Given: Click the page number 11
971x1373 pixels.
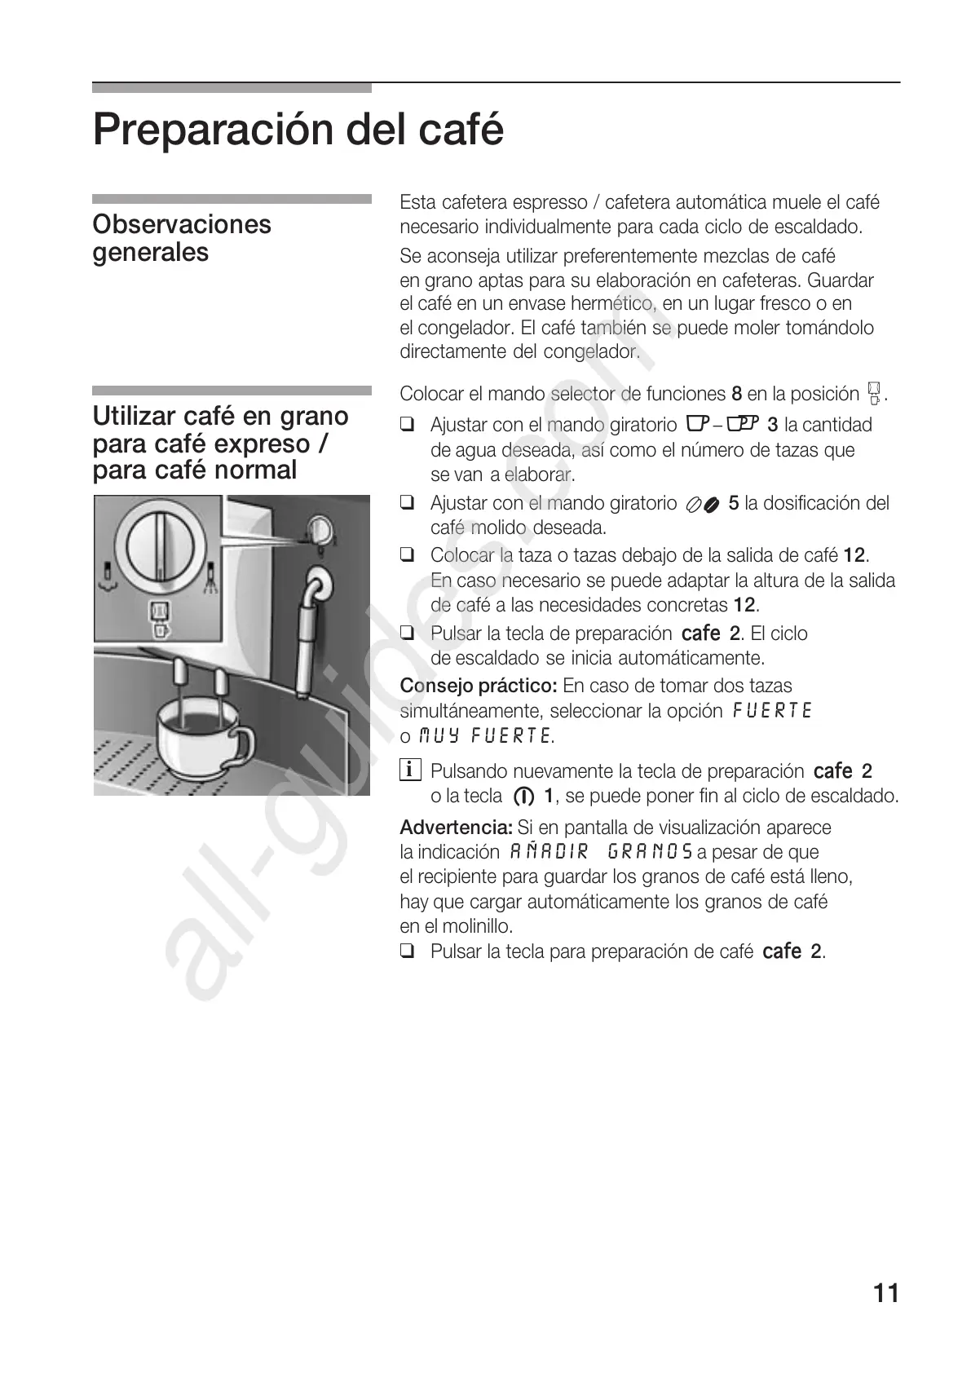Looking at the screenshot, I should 885,1293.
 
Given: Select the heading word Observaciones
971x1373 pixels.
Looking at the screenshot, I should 182,224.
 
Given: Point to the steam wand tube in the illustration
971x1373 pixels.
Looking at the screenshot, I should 308,644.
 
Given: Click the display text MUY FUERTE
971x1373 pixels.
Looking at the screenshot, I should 484,736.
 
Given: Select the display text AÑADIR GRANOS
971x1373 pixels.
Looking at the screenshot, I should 601,852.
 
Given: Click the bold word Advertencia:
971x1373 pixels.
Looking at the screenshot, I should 456,828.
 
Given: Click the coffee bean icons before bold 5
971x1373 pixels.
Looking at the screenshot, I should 701,505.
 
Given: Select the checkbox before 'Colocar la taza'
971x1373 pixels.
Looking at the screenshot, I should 408,556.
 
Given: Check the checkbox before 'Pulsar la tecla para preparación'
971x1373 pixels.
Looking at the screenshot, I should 408,951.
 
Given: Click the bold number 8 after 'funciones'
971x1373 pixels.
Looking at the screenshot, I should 736,395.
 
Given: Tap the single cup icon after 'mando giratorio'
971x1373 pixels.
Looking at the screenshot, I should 695,425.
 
